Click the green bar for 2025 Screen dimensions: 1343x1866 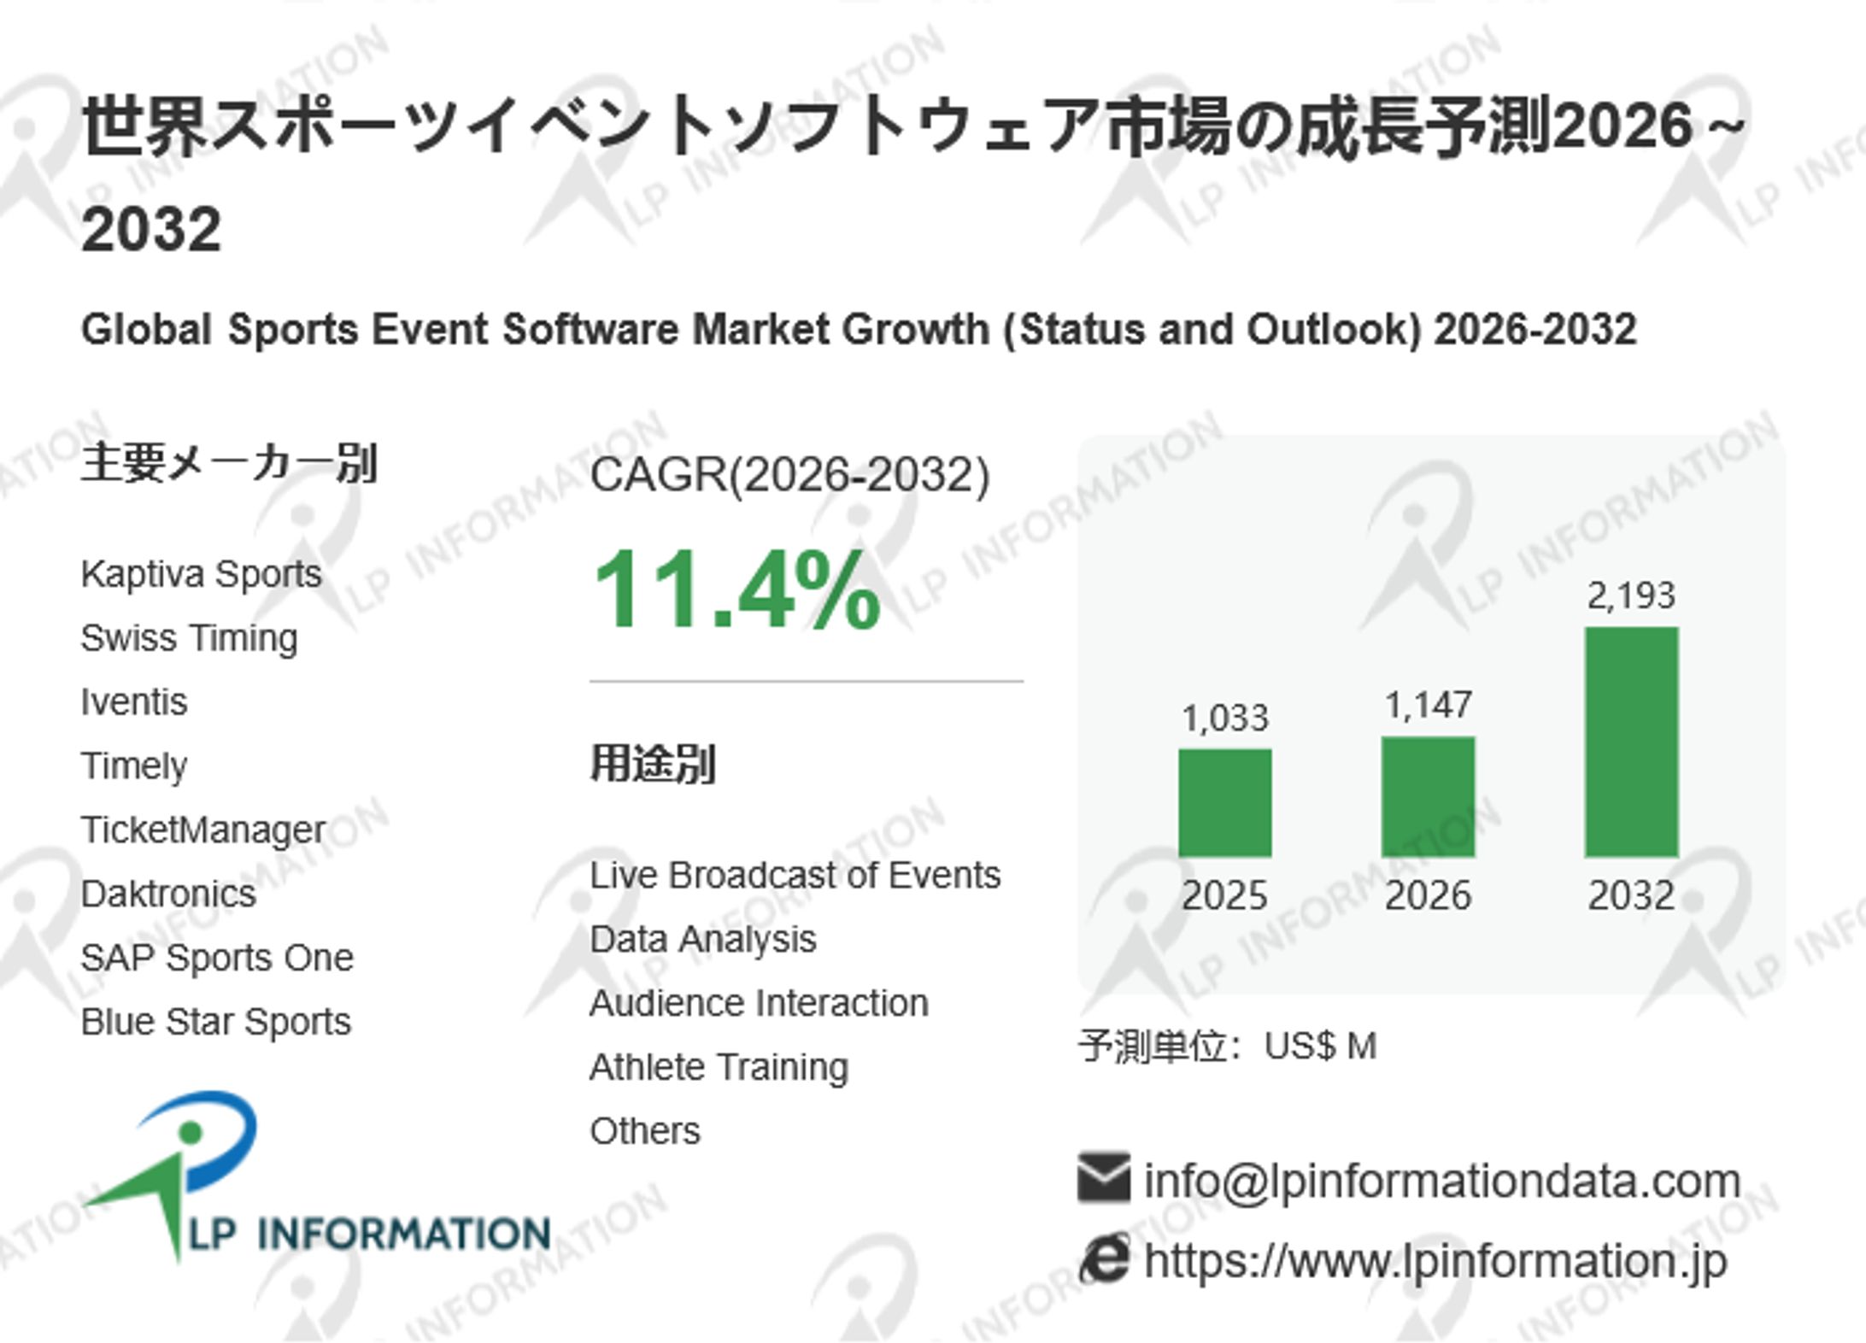1224,802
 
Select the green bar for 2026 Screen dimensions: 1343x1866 1428,796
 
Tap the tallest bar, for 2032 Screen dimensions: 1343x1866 1631,742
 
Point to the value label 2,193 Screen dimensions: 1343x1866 1631,595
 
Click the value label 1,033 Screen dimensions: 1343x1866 1224,718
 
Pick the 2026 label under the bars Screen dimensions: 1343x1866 1428,895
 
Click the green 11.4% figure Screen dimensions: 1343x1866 736,590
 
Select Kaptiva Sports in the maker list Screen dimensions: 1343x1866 201,574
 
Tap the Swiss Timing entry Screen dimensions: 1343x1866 189,638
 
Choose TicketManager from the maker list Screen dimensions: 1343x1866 202,830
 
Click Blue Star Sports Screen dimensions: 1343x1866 215,1022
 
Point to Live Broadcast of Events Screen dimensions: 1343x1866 795,875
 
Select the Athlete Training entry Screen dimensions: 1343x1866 719,1067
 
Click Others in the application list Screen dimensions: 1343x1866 644,1131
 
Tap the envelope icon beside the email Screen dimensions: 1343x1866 1103,1177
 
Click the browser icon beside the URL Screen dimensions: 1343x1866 1104,1259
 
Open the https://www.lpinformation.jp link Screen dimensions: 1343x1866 1435,1261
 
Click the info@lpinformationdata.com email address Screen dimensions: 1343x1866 1442,1182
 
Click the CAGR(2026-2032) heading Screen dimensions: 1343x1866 789,475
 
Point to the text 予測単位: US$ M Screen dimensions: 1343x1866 1227,1046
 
